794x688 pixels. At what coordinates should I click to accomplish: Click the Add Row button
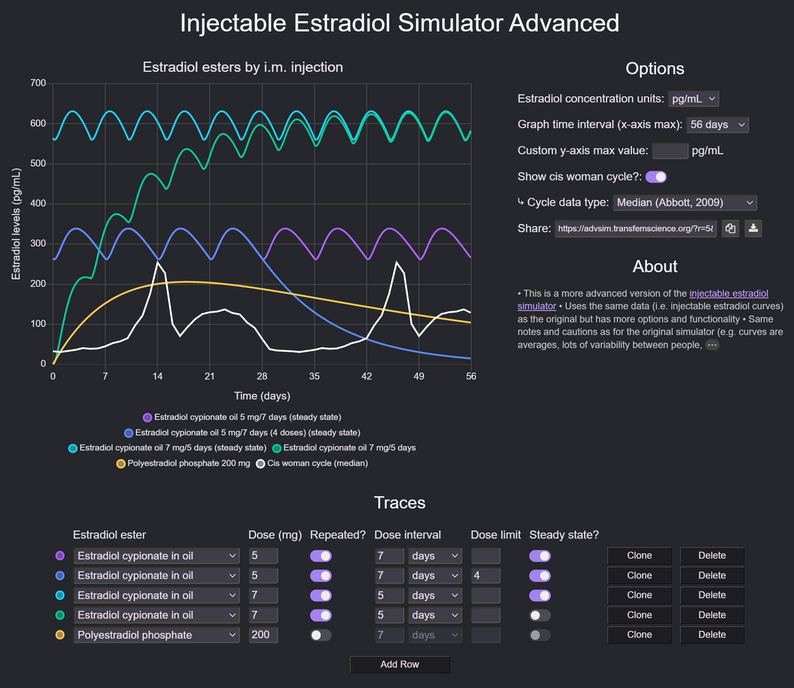(399, 664)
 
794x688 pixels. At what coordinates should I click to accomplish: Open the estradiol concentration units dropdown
(693, 99)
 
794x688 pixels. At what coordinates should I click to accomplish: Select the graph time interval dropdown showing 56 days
(717, 124)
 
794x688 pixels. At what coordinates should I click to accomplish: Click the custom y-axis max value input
(670, 151)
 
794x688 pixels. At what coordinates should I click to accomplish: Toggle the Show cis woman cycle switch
(656, 177)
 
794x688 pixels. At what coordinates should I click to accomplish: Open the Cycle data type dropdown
(684, 202)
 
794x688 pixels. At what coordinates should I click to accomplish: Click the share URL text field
(635, 229)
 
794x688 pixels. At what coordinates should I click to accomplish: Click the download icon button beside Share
(753, 229)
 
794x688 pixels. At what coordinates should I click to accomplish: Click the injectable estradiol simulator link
(728, 293)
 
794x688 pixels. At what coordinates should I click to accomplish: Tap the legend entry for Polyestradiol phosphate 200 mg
(184, 463)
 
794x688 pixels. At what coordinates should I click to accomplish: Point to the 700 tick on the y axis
(38, 83)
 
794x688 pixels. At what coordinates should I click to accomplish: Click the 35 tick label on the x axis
(314, 376)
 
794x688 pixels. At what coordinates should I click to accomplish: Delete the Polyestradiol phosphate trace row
(712, 635)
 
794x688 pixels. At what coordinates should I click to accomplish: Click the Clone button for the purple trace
(639, 555)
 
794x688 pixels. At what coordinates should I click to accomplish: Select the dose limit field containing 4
(485, 575)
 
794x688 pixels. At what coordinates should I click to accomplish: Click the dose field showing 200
(263, 635)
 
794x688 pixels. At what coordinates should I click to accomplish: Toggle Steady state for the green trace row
(539, 615)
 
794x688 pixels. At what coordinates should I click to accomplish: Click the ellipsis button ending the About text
(712, 345)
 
